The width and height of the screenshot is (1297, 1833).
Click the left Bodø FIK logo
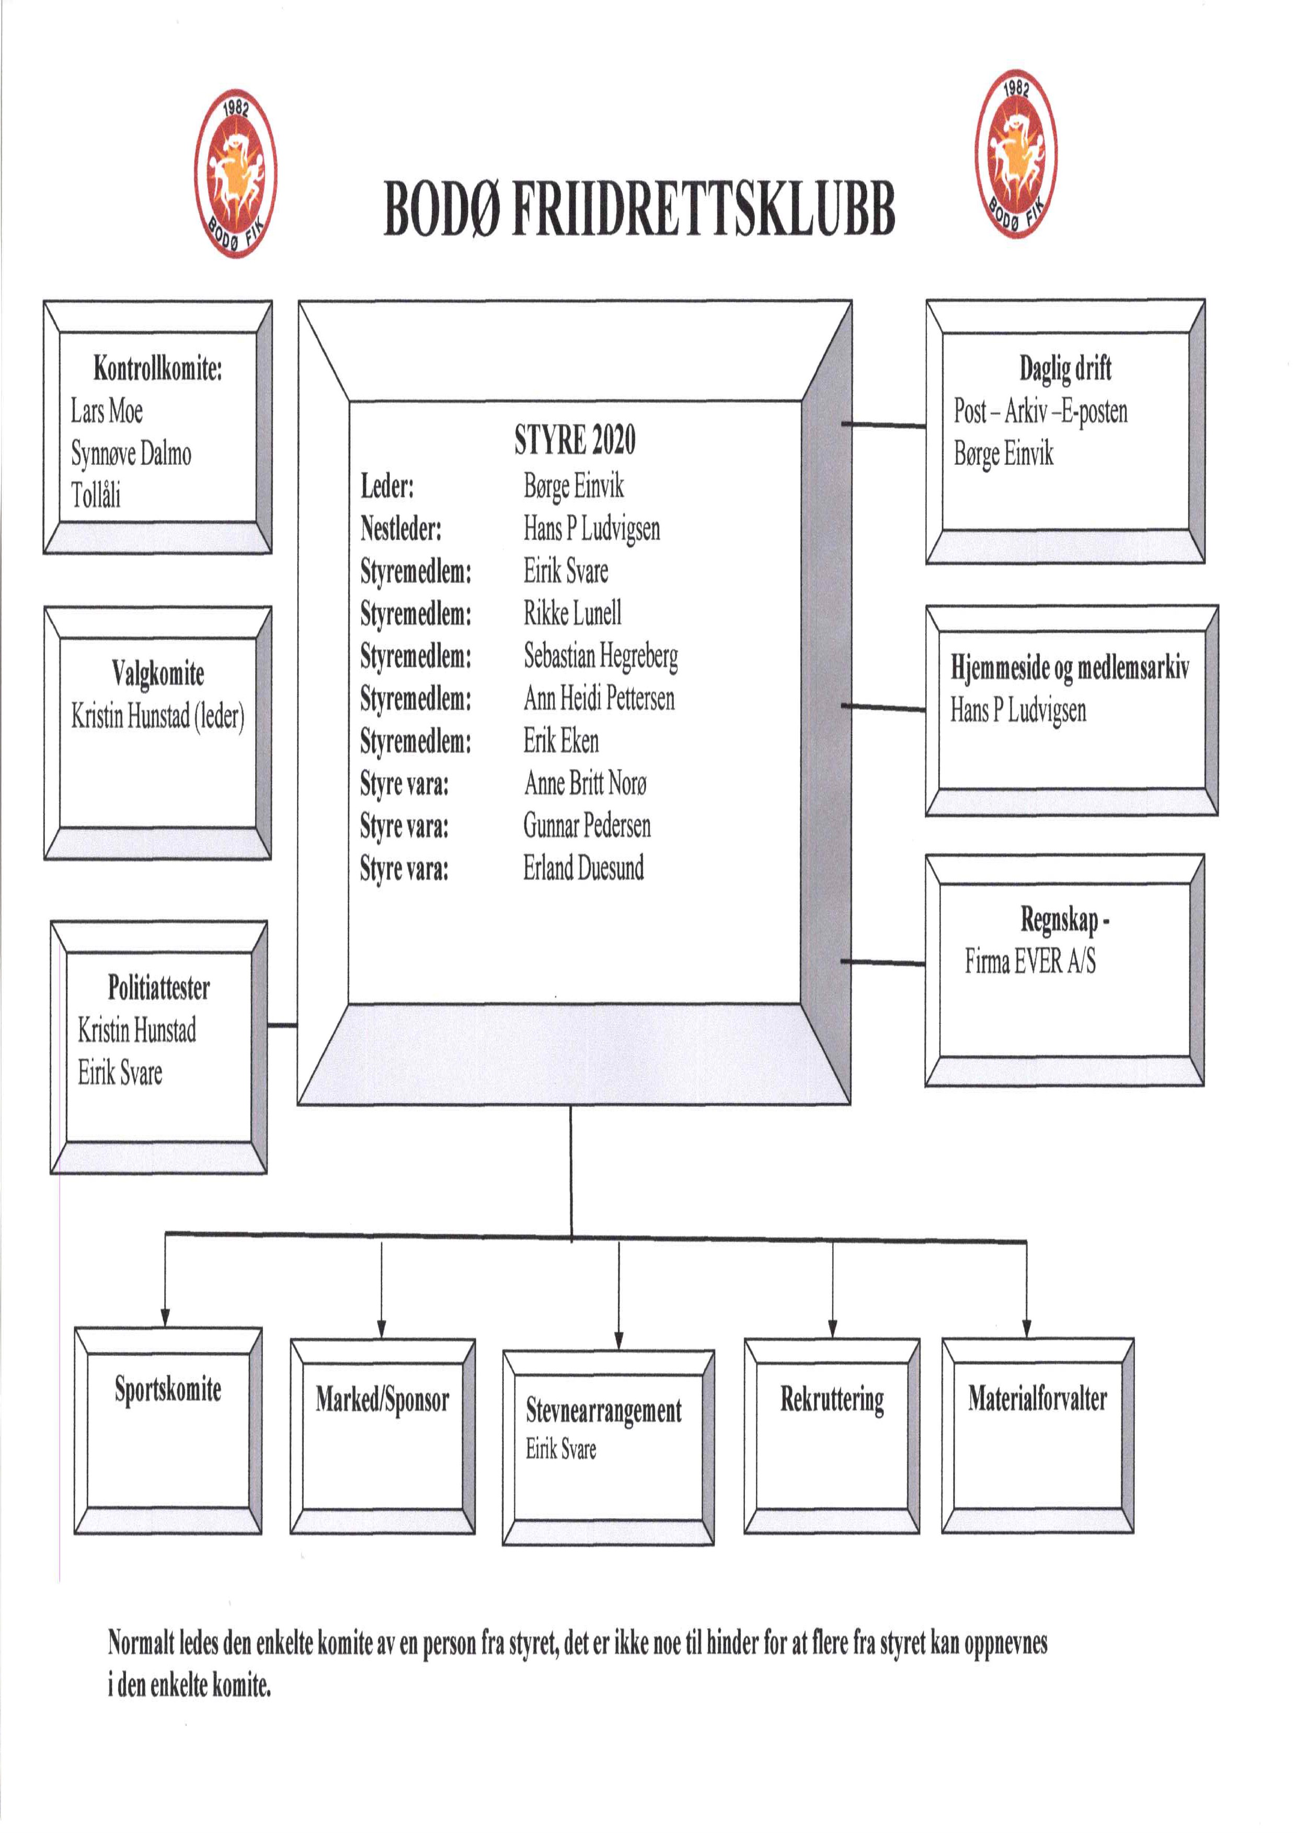click(236, 174)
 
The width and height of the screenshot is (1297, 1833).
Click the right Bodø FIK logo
click(1016, 154)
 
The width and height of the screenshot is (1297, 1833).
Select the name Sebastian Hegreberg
click(601, 657)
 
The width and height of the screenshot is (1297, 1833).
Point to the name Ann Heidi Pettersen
click(599, 699)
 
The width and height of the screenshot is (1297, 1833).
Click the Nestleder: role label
click(401, 529)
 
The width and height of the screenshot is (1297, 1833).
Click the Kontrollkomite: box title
click(157, 369)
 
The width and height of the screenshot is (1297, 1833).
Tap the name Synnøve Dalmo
click(131, 454)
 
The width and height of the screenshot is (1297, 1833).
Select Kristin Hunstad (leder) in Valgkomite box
click(157, 716)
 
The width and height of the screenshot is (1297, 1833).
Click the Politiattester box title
click(159, 988)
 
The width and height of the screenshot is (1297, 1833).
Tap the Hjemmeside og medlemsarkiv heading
click(1070, 668)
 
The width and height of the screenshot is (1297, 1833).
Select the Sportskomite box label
click(168, 1390)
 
